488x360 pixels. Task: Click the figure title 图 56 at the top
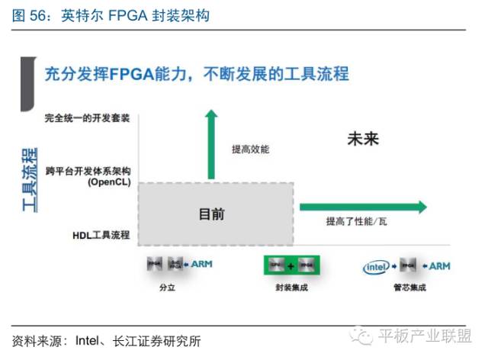[107, 15]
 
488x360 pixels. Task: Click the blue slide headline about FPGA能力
[197, 74]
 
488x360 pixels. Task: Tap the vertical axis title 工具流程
[30, 180]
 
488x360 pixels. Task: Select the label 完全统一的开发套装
[88, 118]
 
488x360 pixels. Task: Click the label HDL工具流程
[95, 236]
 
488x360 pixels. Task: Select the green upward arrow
[211, 144]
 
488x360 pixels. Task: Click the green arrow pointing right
[363, 206]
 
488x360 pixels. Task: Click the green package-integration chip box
[291, 265]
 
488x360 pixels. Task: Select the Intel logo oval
[377, 266]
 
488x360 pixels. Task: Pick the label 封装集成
[291, 288]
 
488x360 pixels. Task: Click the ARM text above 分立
[201, 264]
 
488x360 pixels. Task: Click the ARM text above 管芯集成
[440, 266]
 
